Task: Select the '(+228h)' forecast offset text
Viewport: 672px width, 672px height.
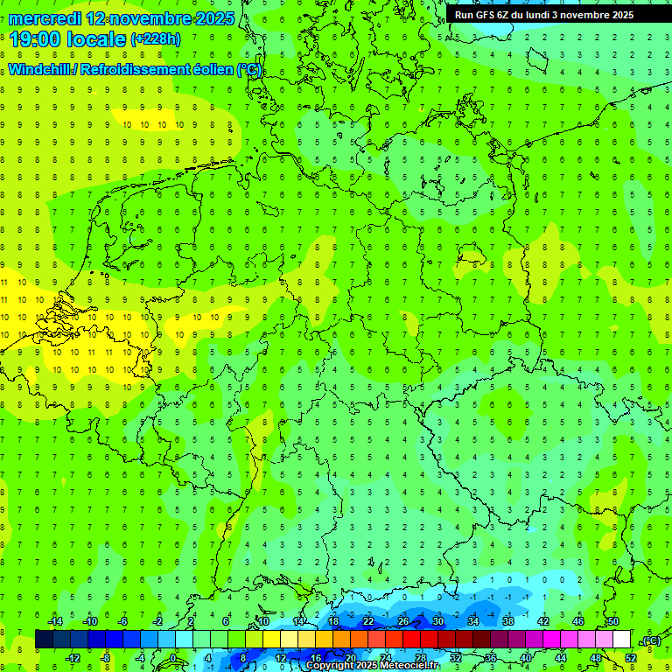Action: click(156, 39)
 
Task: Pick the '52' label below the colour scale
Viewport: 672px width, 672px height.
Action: click(631, 658)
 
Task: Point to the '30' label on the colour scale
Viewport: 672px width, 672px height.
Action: click(438, 621)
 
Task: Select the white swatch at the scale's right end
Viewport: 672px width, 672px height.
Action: click(622, 640)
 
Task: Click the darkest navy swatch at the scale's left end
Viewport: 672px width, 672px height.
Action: click(44, 640)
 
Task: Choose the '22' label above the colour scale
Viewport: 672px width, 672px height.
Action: click(368, 621)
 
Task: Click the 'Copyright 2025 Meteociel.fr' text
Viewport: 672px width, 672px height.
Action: click(373, 666)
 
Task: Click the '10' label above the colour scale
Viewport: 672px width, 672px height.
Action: click(263, 621)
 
